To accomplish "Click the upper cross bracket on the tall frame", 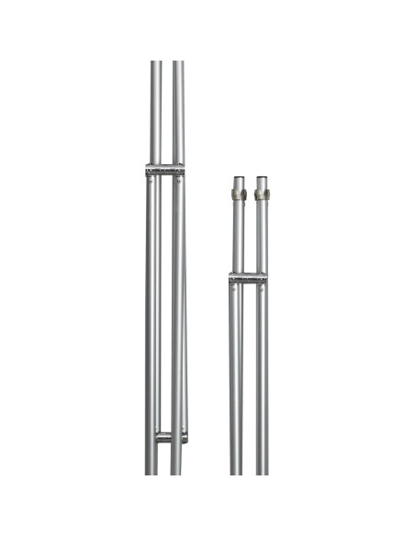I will [165, 170].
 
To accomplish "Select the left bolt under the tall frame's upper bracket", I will [151, 181].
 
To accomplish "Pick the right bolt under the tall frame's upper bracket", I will [180, 181].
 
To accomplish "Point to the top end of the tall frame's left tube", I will [155, 63].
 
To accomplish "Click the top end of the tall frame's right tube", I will [178, 63].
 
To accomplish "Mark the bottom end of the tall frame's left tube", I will [151, 472].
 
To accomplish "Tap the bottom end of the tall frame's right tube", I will [176, 472].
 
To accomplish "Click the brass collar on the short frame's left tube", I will [239, 194].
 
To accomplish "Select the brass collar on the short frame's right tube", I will [262, 194].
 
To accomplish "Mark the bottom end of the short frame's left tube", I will [236, 472].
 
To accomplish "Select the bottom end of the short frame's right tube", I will [262, 472].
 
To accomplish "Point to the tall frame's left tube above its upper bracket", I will [155, 115].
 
